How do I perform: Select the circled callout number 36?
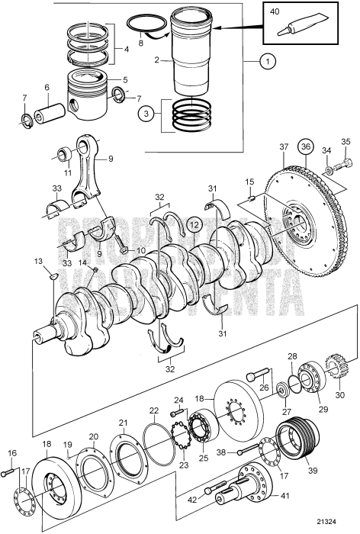point(306,148)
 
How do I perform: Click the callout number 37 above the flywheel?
point(284,147)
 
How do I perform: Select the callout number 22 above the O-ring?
point(153,432)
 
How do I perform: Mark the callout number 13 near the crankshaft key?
point(39,261)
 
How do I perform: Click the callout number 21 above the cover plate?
point(122,423)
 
